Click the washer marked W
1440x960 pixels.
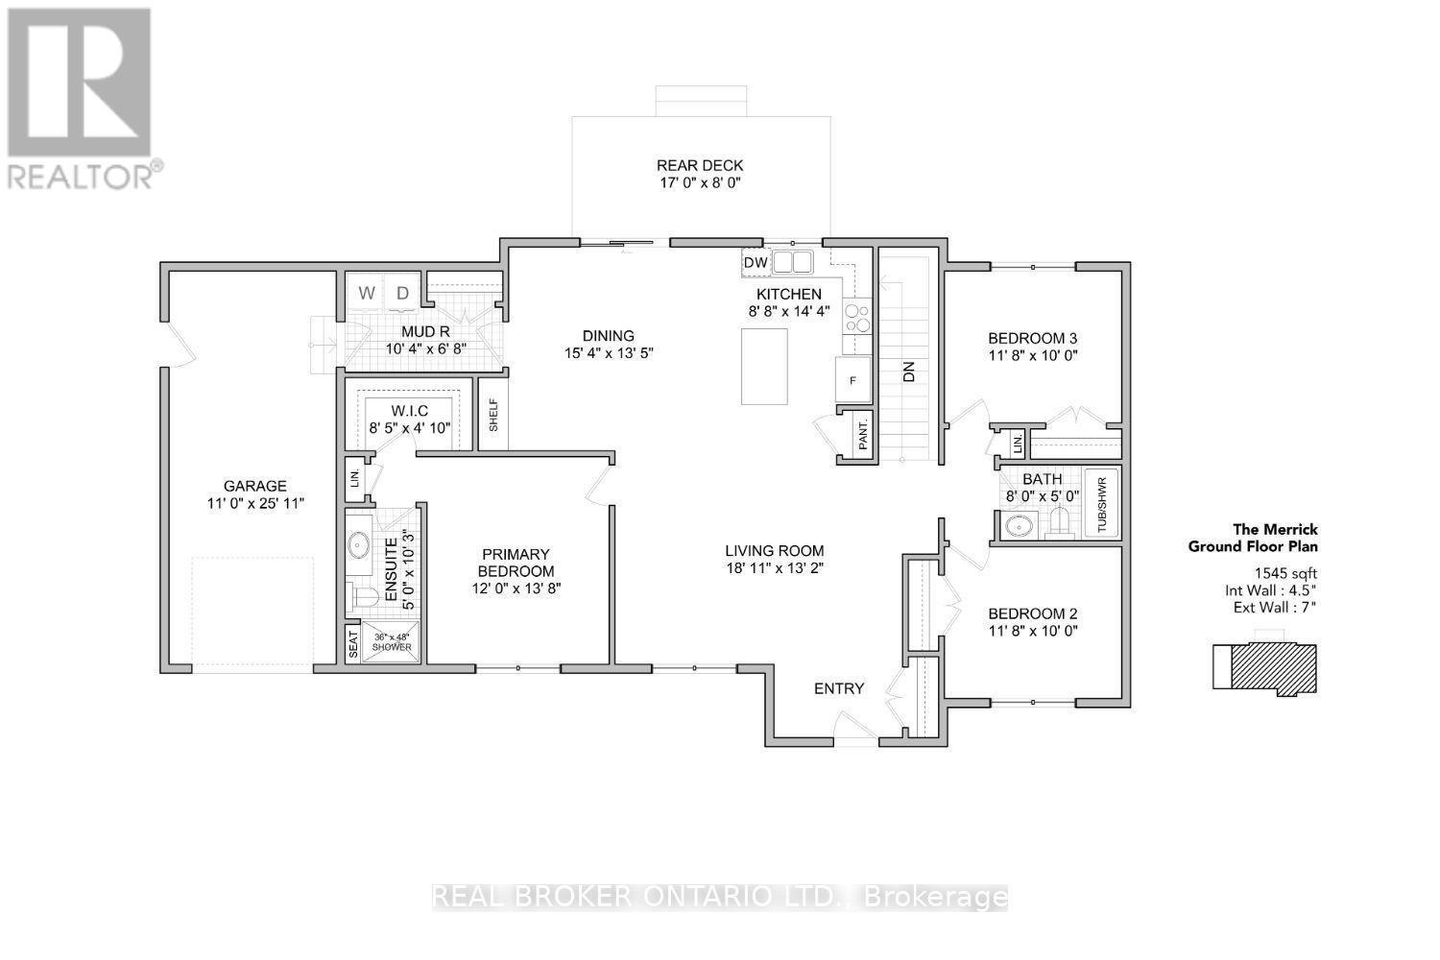click(367, 293)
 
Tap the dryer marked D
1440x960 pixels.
click(402, 293)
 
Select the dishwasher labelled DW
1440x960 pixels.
click(756, 262)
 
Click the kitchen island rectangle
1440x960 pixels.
click(764, 367)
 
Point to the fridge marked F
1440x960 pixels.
click(853, 380)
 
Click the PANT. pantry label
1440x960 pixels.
click(863, 435)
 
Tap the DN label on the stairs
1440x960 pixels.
click(908, 372)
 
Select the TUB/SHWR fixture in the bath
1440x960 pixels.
click(1102, 503)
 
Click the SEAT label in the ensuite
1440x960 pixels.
click(353, 643)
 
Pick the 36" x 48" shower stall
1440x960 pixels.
click(391, 641)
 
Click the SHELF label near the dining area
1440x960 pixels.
click(493, 416)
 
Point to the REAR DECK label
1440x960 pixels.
click(700, 165)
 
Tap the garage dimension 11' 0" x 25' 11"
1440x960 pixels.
click(255, 503)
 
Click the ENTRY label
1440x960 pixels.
click(839, 688)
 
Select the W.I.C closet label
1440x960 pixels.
click(410, 411)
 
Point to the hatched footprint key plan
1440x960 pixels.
click(1264, 667)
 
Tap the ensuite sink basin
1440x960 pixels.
click(358, 545)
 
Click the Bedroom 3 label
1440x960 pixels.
click(1032, 338)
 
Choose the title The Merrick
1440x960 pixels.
click(1276, 530)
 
